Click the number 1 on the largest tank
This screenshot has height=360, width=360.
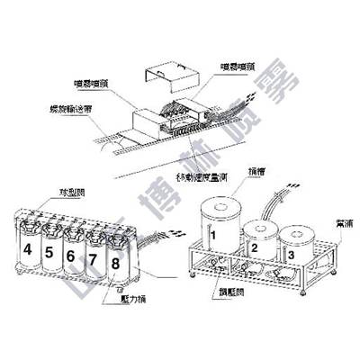coord(214,236)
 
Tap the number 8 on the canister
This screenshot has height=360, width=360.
coord(114,264)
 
